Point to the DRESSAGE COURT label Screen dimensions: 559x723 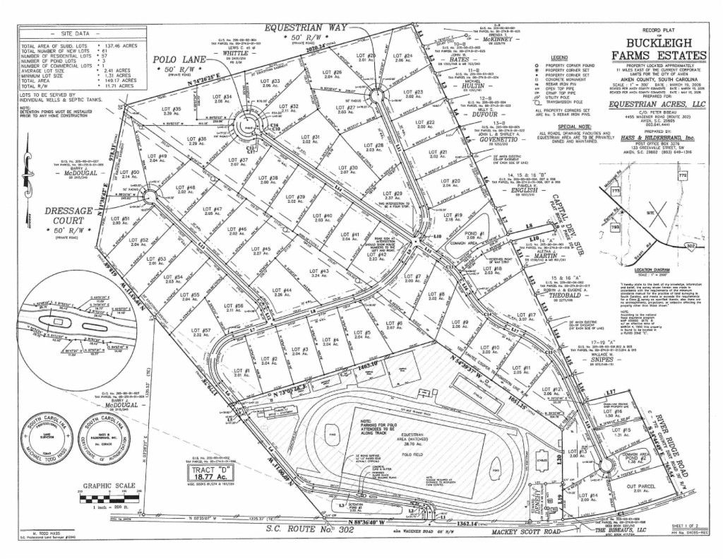pyautogui.click(x=68, y=212)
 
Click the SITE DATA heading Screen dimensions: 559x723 pyautogui.click(x=76, y=33)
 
